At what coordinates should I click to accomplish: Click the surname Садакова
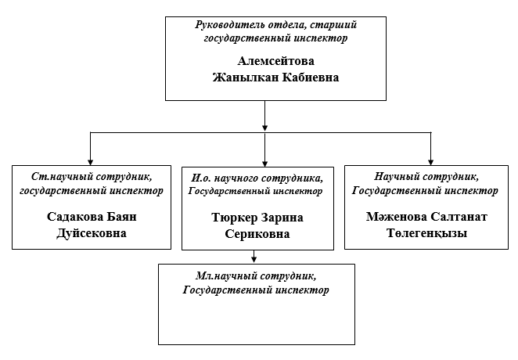72,216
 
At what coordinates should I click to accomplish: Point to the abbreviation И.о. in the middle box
203,178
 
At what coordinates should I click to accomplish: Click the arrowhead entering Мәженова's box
431,160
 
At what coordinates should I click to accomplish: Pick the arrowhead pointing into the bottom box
254,258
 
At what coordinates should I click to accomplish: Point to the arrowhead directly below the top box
265,125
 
